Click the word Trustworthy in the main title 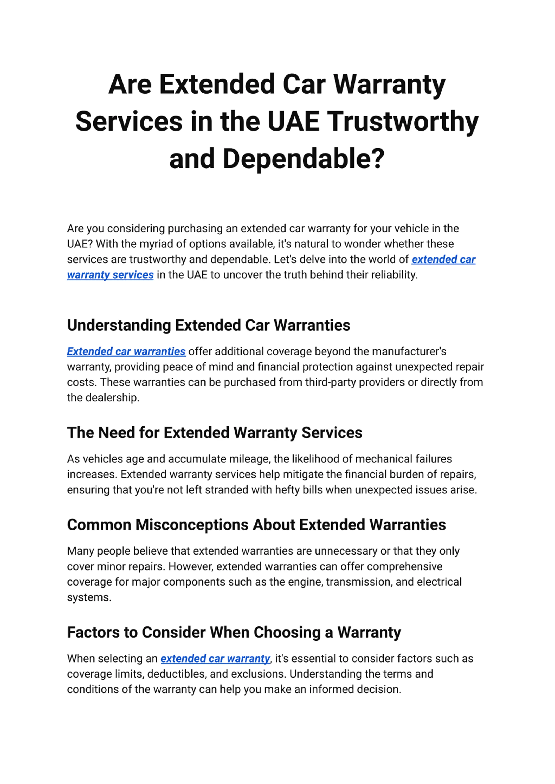(403, 121)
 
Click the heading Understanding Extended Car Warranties (209, 325)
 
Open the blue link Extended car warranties (126, 352)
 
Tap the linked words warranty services (110, 275)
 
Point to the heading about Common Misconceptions (256, 525)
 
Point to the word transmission (359, 582)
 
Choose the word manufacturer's (409, 352)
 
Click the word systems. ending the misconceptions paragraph (89, 597)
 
